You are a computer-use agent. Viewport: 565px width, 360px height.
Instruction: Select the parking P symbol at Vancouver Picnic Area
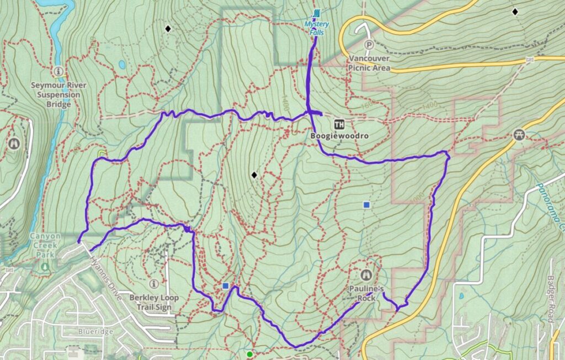(369, 45)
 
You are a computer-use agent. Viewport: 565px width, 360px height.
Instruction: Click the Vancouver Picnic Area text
(369, 63)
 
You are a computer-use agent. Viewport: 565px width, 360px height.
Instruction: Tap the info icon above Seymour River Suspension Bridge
(58, 71)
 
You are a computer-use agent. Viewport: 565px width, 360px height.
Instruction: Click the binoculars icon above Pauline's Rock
(365, 274)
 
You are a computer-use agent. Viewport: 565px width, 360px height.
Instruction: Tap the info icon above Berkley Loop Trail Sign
(153, 284)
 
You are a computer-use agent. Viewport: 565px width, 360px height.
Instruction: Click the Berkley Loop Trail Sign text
(154, 302)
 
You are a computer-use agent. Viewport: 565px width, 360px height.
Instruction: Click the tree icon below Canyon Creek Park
(44, 266)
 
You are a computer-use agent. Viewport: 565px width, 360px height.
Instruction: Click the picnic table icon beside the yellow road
(518, 134)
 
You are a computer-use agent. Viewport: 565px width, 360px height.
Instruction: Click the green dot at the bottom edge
(249, 354)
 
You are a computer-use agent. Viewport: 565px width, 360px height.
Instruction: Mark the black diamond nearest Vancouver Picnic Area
(515, 12)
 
